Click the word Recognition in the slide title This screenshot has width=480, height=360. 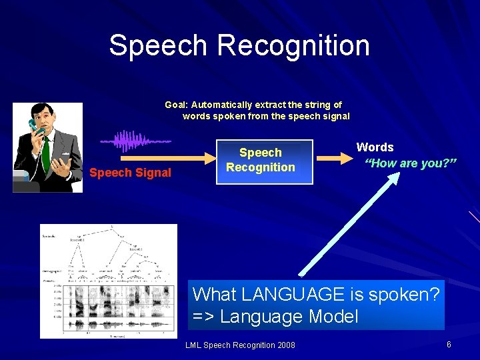293,46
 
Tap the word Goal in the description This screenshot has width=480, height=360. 176,105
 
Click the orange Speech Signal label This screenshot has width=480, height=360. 130,173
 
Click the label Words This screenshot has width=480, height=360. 375,147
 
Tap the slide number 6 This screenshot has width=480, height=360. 449,345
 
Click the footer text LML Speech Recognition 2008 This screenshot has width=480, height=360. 240,345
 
